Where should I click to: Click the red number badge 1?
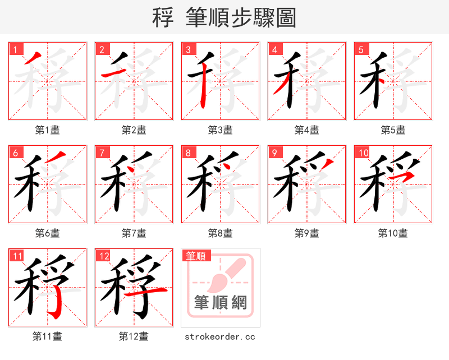click(x=14, y=49)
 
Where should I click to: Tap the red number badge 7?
click(x=100, y=152)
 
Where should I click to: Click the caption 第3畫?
click(x=221, y=130)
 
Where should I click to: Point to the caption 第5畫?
click(x=393, y=130)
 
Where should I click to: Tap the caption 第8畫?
click(x=221, y=233)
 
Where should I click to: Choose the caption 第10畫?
click(x=393, y=233)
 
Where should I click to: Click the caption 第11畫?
click(x=47, y=336)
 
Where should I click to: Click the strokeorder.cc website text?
click(x=221, y=336)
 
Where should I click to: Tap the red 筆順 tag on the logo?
click(x=196, y=256)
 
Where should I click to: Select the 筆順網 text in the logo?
click(x=221, y=303)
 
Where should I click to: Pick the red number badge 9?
click(x=273, y=152)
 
